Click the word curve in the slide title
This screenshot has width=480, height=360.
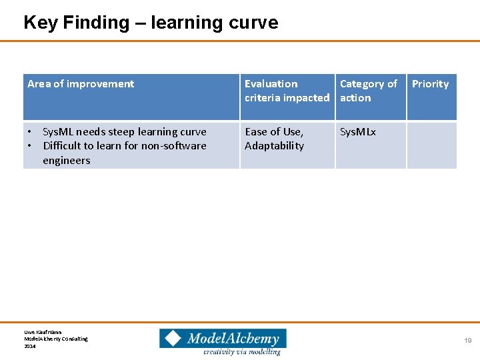point(253,23)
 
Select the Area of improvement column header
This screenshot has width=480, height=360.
point(81,84)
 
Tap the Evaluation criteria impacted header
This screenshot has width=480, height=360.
point(287,91)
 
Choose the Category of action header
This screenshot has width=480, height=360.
point(368,91)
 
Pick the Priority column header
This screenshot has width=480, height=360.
point(430,84)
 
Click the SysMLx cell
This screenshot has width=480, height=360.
point(358,132)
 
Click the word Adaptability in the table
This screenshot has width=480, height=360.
point(274,146)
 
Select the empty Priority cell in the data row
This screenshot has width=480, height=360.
point(431,145)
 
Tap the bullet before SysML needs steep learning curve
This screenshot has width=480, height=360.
point(31,132)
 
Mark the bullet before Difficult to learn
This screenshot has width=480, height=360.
point(31,146)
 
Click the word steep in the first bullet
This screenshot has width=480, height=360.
point(119,132)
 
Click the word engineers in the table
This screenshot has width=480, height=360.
point(66,161)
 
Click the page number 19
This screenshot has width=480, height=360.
point(468,341)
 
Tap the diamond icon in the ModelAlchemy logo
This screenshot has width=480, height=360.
point(173,339)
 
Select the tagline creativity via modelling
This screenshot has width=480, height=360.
point(242,351)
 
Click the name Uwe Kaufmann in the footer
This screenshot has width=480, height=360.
point(43,331)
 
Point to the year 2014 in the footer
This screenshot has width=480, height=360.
point(30,346)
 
